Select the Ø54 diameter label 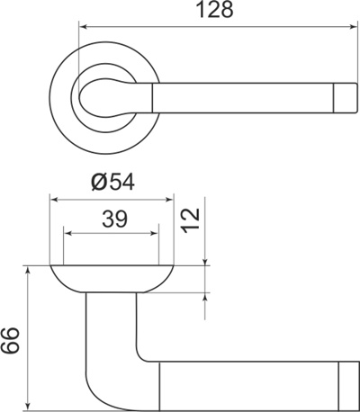112,183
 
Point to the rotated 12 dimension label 190,218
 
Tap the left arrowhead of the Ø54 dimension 55,200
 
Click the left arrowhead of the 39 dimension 67,236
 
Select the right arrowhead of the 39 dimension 156,236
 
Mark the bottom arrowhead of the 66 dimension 30,402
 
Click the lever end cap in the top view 346,97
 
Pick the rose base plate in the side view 112,278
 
